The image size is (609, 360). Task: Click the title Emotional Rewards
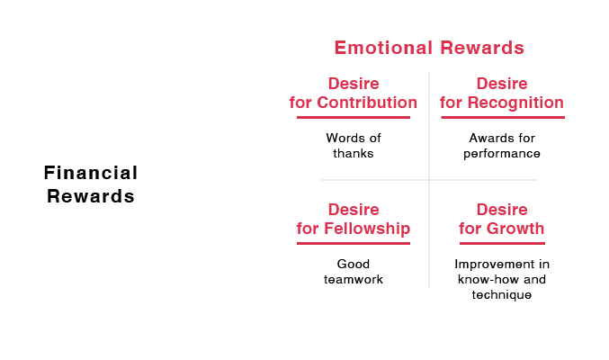click(429, 48)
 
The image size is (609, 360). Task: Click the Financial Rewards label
click(91, 184)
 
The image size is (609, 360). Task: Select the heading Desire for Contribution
click(353, 94)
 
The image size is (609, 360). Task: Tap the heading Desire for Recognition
click(501, 94)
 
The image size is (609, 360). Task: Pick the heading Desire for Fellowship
click(353, 220)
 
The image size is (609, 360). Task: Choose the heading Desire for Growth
click(501, 220)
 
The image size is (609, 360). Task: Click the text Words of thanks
click(353, 146)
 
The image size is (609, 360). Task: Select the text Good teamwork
click(353, 272)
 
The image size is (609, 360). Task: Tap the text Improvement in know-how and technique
click(502, 279)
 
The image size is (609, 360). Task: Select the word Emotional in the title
click(379, 48)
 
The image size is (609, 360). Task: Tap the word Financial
click(91, 173)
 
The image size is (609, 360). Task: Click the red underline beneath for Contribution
click(353, 117)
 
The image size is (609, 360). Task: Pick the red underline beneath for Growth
click(502, 243)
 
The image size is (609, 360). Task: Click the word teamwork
click(354, 280)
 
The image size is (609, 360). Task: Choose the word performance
click(502, 154)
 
